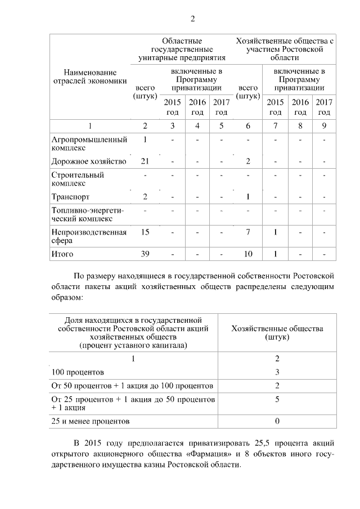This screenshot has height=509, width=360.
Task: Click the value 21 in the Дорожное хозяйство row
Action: pyautogui.click(x=145, y=162)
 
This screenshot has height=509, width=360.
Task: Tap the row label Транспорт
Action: pyautogui.click(x=70, y=197)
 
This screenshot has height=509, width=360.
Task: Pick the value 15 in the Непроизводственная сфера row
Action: pyautogui.click(x=145, y=232)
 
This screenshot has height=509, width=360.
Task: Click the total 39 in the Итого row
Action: pyautogui.click(x=145, y=254)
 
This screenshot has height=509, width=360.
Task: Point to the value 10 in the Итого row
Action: pyautogui.click(x=248, y=254)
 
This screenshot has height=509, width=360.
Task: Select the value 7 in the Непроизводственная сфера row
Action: pyautogui.click(x=248, y=232)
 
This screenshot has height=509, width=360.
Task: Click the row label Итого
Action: pyautogui.click(x=62, y=254)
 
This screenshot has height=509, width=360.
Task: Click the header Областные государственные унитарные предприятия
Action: pyautogui.click(x=182, y=49)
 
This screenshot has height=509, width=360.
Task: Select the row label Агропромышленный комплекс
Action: pyautogui.click(x=89, y=144)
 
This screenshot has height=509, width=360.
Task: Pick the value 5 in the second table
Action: pyautogui.click(x=277, y=399)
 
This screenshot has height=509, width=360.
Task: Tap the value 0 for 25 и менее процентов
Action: pyautogui.click(x=277, y=421)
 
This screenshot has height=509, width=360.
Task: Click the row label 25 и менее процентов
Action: pyautogui.click(x=91, y=421)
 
